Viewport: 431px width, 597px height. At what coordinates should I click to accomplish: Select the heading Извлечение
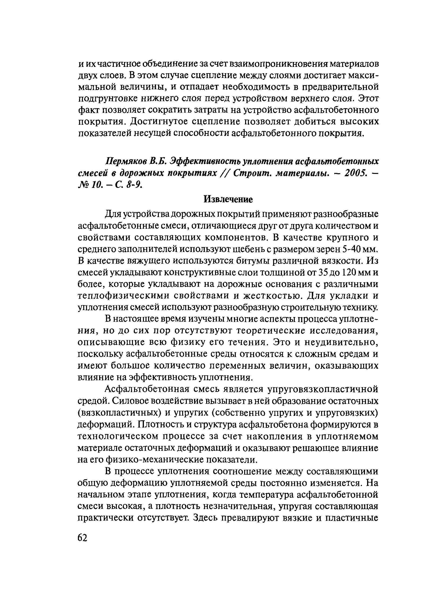[x=228, y=199]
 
